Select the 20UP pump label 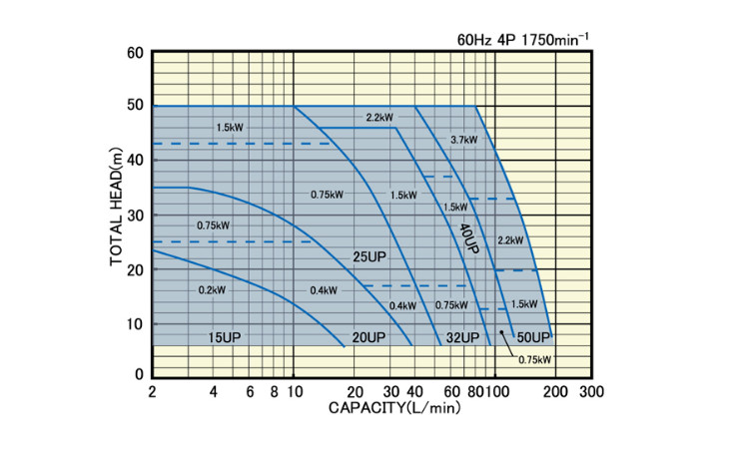click(x=369, y=336)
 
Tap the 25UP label click(x=369, y=257)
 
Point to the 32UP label click(x=463, y=336)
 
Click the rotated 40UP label click(x=469, y=238)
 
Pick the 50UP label click(x=535, y=336)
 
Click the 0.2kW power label click(x=213, y=289)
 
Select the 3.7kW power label click(x=464, y=139)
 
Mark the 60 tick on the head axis click(x=135, y=52)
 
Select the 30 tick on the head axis click(x=135, y=214)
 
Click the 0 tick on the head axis click(x=139, y=374)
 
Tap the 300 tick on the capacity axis click(x=591, y=391)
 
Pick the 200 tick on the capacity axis click(x=555, y=391)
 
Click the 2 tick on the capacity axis click(x=152, y=391)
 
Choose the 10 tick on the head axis click(x=135, y=321)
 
